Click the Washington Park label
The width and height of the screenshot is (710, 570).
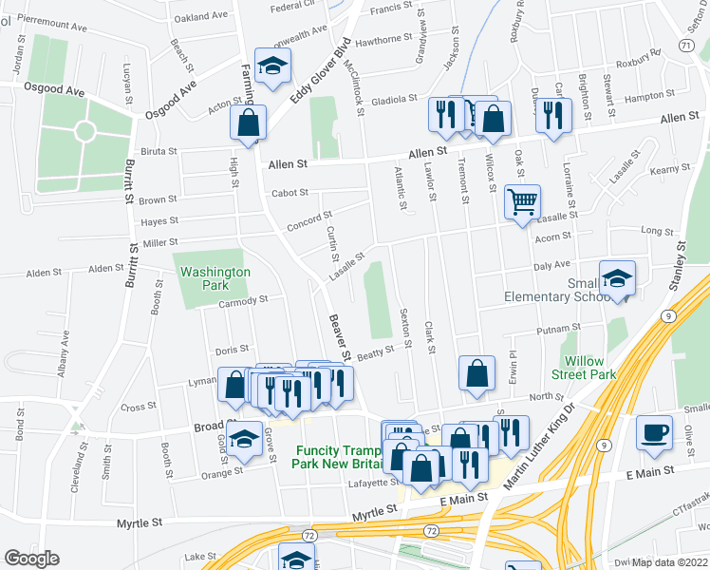pyautogui.click(x=215, y=277)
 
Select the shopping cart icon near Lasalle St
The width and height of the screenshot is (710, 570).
pyautogui.click(x=521, y=202)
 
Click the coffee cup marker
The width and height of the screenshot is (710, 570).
pyautogui.click(x=654, y=431)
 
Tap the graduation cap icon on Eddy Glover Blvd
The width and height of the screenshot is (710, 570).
pyautogui.click(x=272, y=67)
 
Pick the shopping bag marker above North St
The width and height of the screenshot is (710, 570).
pyautogui.click(x=476, y=373)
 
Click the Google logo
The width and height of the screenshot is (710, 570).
pyautogui.click(x=31, y=559)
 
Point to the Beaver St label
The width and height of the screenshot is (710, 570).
pyautogui.click(x=339, y=337)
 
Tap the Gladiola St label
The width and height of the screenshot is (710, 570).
pyautogui.click(x=395, y=99)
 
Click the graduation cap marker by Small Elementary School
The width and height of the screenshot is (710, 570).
pyautogui.click(x=618, y=279)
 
